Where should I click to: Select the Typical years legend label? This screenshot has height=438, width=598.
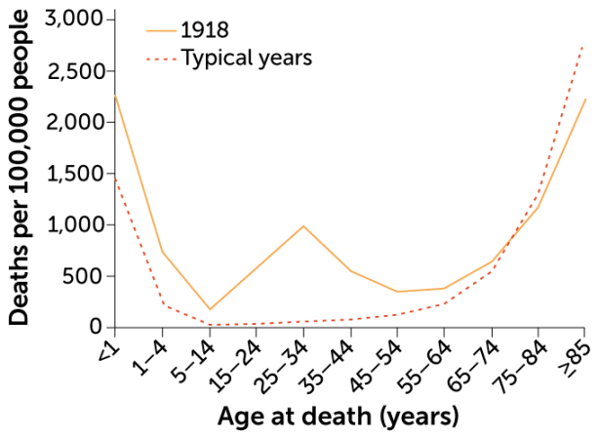(247, 58)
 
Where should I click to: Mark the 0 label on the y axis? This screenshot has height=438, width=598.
(95, 327)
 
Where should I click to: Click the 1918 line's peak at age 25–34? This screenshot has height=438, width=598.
(303, 225)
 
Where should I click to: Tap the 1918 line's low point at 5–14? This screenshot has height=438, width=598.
(210, 309)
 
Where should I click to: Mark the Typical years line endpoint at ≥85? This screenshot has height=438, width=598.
(583, 45)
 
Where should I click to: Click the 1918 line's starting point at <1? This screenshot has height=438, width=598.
(115, 95)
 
